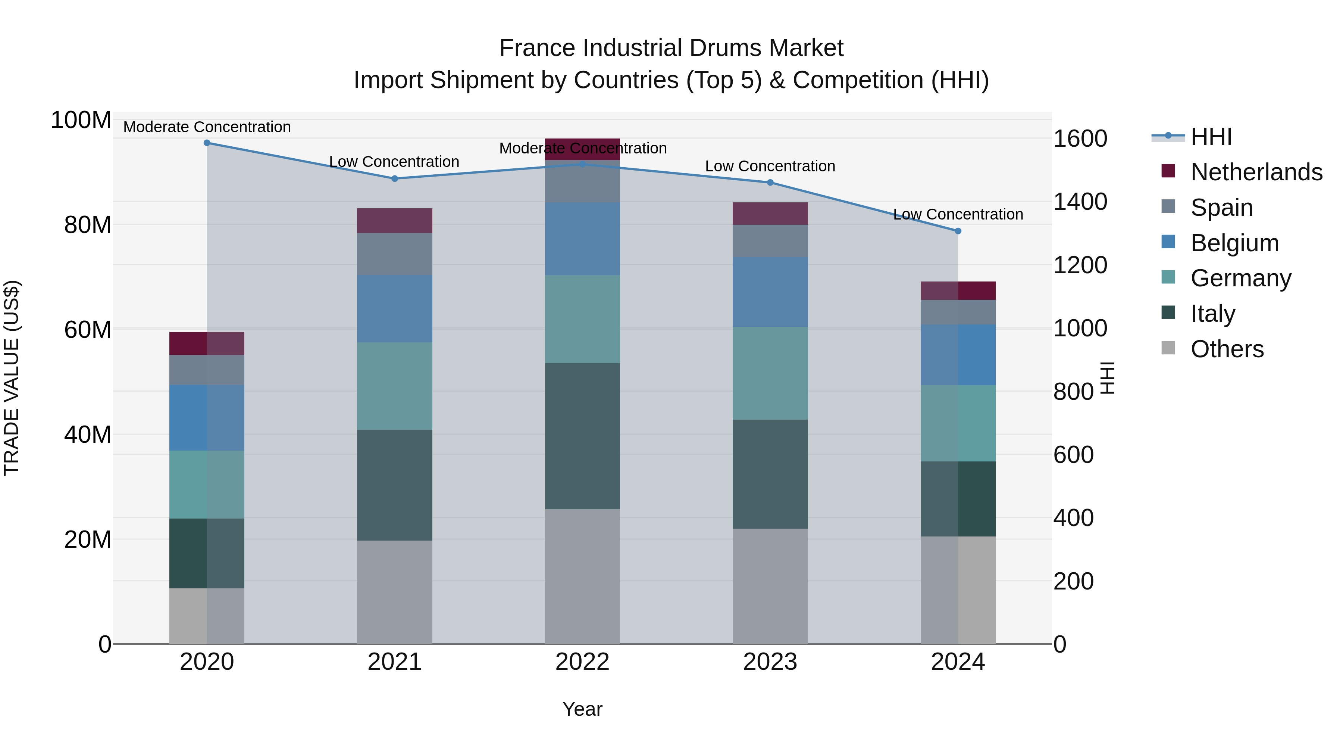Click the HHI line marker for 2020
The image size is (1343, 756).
[x=207, y=143]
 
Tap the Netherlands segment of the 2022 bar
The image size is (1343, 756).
[x=582, y=149]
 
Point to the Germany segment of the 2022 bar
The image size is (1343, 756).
[x=582, y=319]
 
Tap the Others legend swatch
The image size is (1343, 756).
[x=1168, y=348]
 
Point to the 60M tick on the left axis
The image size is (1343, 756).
[x=88, y=329]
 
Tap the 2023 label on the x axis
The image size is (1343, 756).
[x=770, y=662]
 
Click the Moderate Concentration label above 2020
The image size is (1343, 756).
[x=207, y=127]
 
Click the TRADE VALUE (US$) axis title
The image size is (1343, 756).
[x=12, y=378]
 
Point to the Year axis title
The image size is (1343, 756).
[x=582, y=709]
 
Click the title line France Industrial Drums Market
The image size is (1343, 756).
[x=671, y=48]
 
